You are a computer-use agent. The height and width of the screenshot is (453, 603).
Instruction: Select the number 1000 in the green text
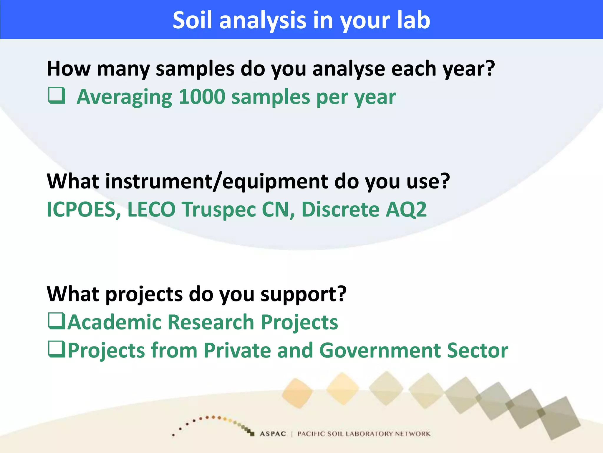tap(202, 97)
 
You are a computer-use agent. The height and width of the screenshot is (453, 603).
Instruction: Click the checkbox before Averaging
tap(57, 96)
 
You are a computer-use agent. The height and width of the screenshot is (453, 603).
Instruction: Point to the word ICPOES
tap(84, 210)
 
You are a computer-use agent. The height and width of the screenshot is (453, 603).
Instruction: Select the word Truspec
tap(219, 210)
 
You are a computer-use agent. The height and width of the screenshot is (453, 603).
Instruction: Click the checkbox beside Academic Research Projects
tap(57, 321)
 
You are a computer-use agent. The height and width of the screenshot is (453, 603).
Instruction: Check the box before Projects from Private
tap(57, 349)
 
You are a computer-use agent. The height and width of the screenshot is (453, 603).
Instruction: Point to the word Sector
tap(477, 351)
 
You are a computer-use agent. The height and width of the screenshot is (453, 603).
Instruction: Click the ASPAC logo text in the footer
tap(273, 434)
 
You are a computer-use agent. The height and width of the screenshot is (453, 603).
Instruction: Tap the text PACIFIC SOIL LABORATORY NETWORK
tap(364, 434)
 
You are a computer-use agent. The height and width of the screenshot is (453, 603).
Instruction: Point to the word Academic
tap(115, 322)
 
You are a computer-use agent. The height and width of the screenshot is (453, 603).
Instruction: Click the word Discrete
tap(340, 210)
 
